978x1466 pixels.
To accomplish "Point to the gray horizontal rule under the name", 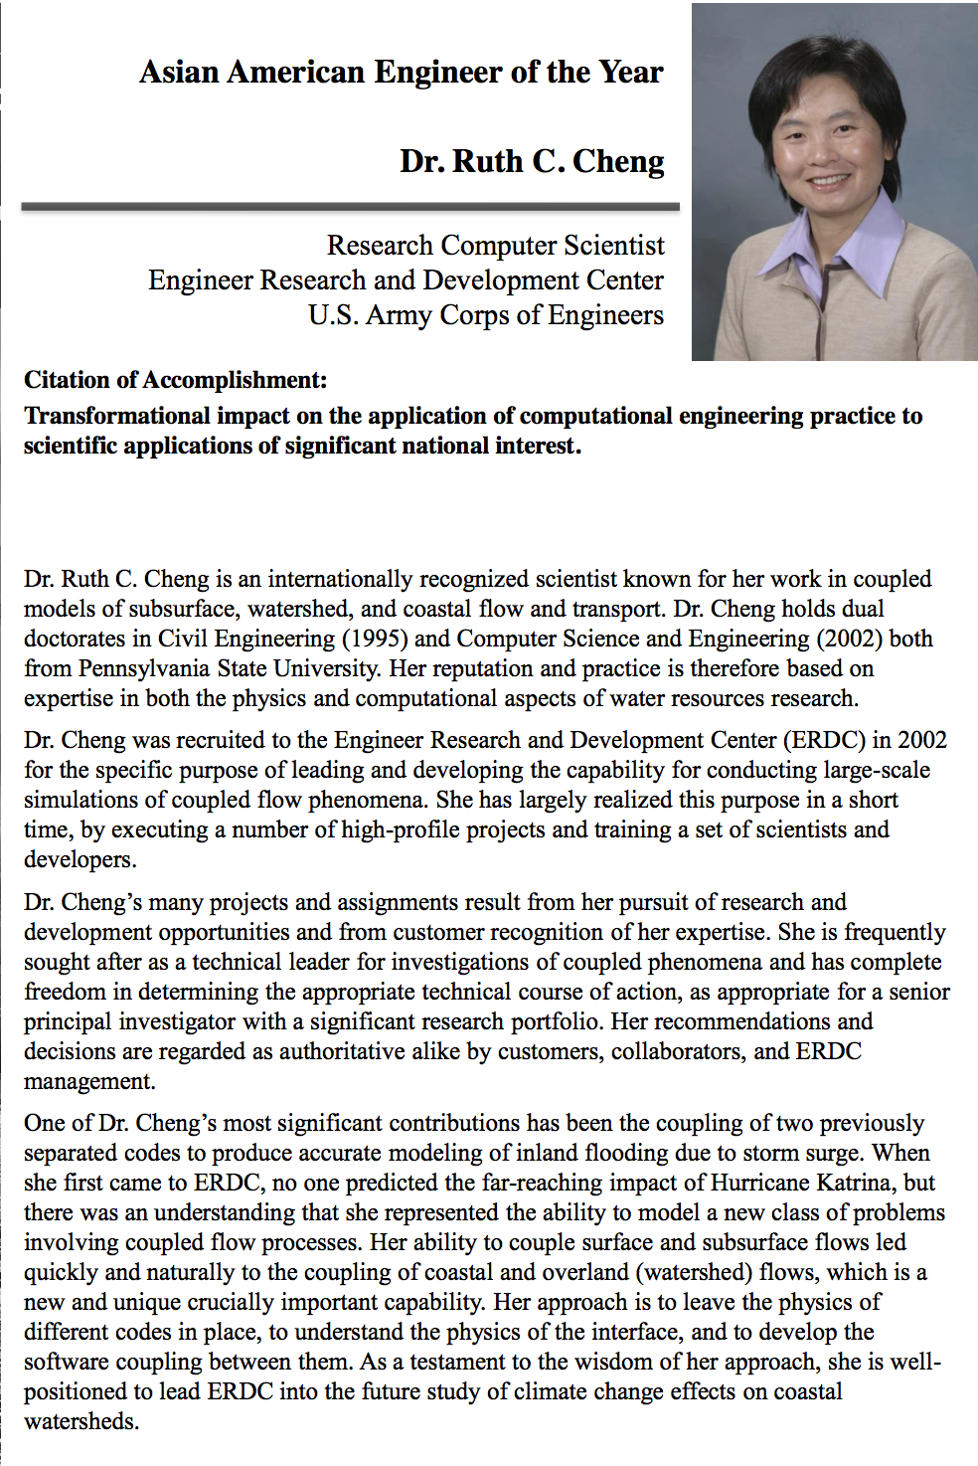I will tap(350, 207).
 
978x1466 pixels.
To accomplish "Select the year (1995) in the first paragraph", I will tap(374, 639).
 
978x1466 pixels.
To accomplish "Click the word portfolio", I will tap(557, 1021).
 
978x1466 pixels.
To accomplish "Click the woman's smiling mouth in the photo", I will tap(830, 182).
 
